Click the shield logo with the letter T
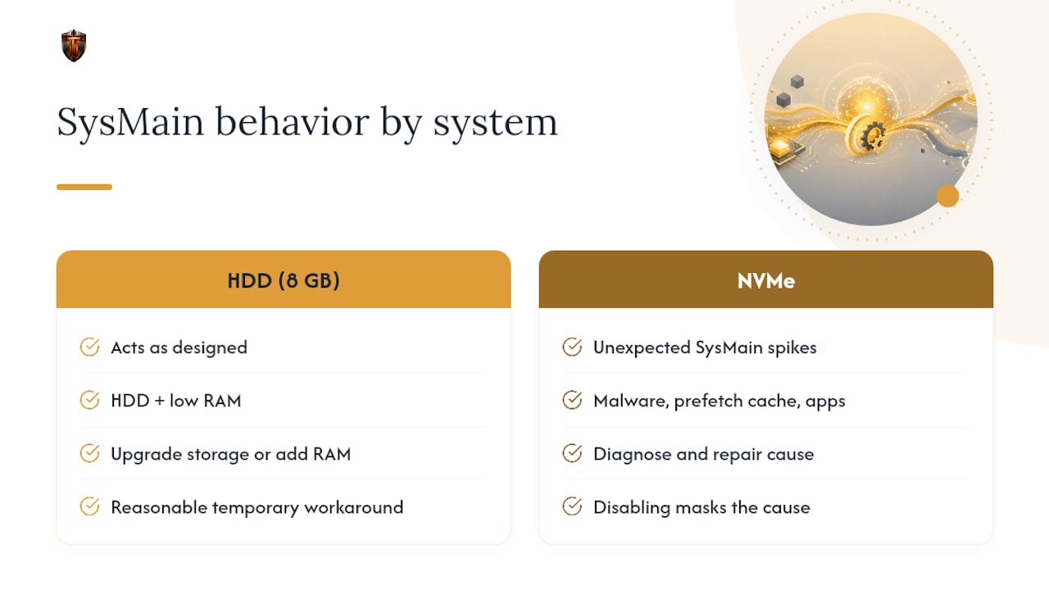[x=74, y=45]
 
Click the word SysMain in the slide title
[x=130, y=122]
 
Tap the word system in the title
[x=496, y=123]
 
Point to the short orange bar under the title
[x=84, y=187]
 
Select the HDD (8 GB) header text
[x=284, y=281]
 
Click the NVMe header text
[x=766, y=281]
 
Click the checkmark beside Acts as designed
[x=89, y=347]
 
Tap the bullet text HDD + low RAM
[x=176, y=401]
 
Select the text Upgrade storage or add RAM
[x=231, y=454]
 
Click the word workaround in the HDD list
[x=353, y=507]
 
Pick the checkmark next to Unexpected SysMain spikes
[x=572, y=347]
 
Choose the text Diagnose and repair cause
[x=703, y=454]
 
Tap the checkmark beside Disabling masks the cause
[x=572, y=506]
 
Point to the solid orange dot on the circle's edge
[x=948, y=196]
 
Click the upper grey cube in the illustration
[x=797, y=81]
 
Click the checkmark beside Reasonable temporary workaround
[x=89, y=506]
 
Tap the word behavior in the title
[x=293, y=121]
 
